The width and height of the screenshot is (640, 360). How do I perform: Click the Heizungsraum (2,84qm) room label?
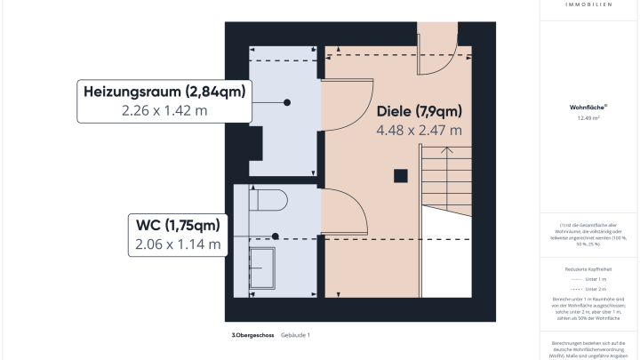[x=164, y=92]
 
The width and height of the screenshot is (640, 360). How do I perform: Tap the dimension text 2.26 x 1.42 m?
[x=164, y=111]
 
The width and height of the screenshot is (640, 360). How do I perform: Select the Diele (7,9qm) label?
[x=419, y=111]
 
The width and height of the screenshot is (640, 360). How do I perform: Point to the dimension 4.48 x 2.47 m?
[x=419, y=130]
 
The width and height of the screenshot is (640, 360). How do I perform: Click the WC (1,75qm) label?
[x=176, y=224]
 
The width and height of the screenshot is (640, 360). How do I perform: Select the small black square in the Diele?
[x=401, y=174]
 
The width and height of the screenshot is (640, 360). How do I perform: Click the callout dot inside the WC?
[x=276, y=236]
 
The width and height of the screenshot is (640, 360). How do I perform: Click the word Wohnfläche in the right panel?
[x=588, y=106]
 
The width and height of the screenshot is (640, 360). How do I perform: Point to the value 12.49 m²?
[x=588, y=117]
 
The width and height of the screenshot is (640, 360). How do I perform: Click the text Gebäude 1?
[x=294, y=335]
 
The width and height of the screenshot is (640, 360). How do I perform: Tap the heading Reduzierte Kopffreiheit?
[x=588, y=267]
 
